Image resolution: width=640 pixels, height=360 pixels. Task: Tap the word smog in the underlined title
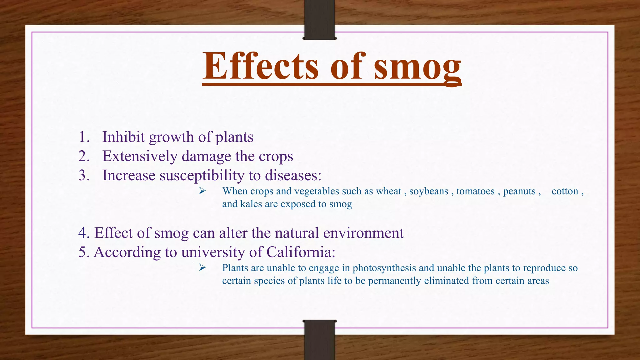point(417,67)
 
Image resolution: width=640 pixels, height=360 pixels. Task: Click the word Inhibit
point(123,137)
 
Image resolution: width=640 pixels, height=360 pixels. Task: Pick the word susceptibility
point(202,176)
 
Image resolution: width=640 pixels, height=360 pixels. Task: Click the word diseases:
point(293,175)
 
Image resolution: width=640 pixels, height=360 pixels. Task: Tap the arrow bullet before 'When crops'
point(202,191)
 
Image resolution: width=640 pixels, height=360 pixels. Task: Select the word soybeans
point(429,191)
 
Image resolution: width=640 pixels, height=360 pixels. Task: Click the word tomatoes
point(475,191)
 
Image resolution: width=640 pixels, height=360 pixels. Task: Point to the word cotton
point(565,191)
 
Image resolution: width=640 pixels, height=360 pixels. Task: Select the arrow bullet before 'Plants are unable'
point(202,267)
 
